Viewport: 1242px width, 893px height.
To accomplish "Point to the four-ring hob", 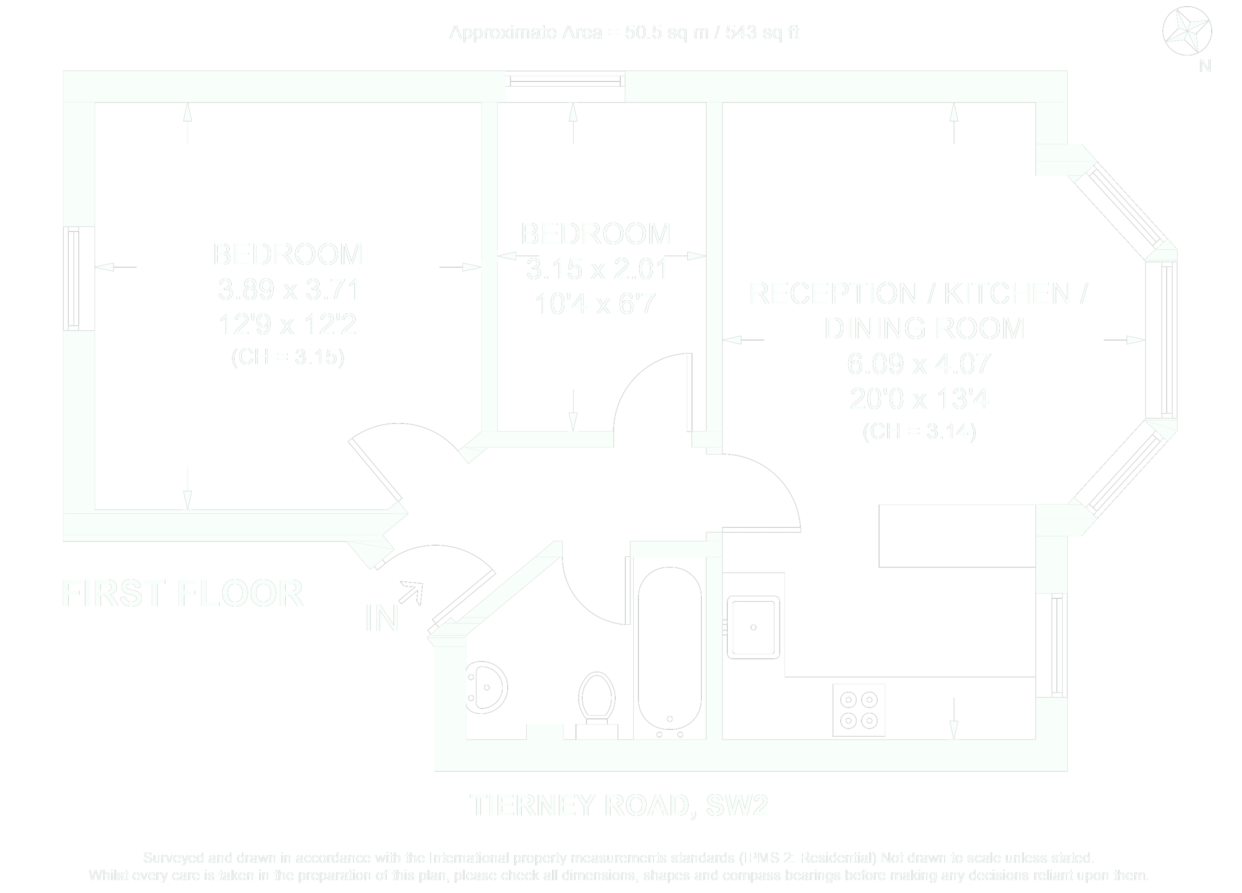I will tap(858, 710).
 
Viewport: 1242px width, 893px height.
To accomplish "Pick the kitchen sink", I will tap(753, 627).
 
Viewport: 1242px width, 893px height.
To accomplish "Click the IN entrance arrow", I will tap(411, 594).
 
